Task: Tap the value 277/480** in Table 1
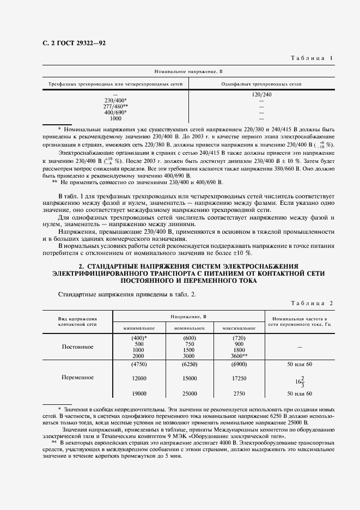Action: click(115, 106)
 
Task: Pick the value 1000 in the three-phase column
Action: click(115, 118)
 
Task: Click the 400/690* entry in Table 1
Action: click(115, 112)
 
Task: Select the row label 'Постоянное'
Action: click(77, 347)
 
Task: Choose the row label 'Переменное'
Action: click(77, 377)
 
